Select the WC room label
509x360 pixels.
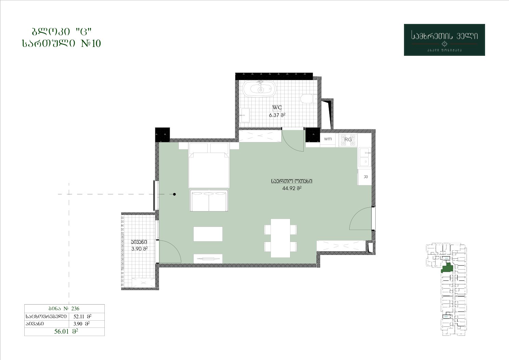[x=277, y=107]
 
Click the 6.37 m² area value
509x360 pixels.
[x=277, y=115]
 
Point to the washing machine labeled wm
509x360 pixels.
[x=328, y=139]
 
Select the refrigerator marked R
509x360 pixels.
[x=365, y=177]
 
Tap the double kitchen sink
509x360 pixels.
[x=365, y=157]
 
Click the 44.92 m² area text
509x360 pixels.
[x=292, y=188]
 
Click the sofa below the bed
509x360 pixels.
[x=209, y=201]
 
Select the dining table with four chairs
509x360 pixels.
[x=280, y=238]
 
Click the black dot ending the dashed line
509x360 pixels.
[x=174, y=194]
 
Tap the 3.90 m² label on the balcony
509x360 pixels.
[x=140, y=249]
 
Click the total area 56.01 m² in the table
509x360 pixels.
[x=66, y=331]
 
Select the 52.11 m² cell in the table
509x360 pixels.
[x=82, y=316]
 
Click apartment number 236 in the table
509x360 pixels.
[x=75, y=308]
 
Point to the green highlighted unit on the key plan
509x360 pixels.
[x=447, y=268]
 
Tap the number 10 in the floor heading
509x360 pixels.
[x=96, y=43]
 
